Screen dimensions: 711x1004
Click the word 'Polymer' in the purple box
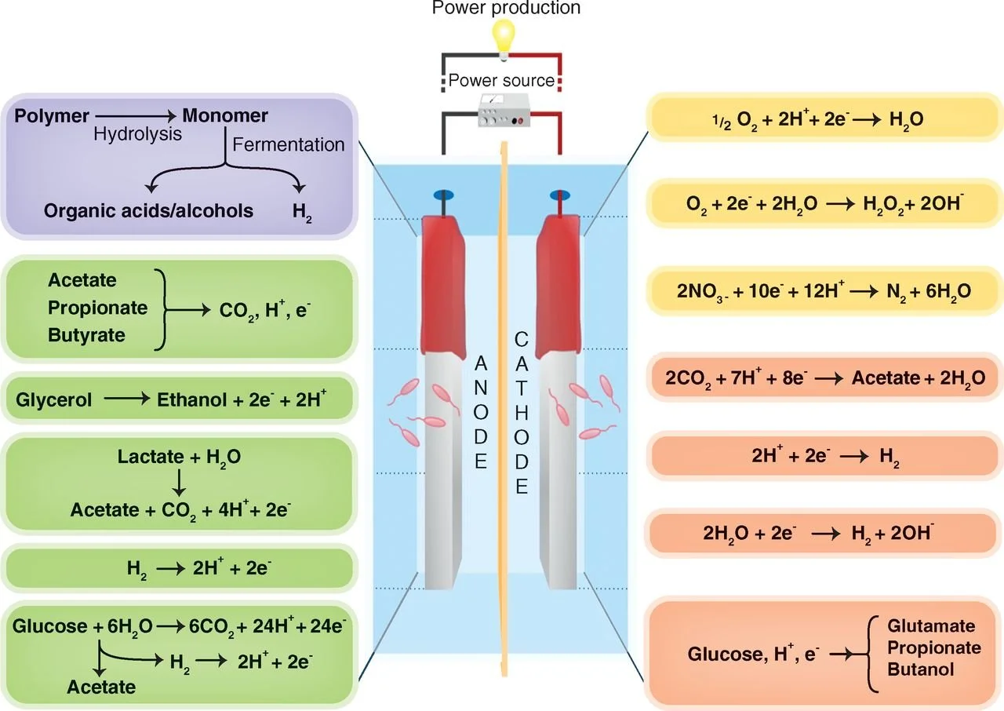pyautogui.click(x=52, y=116)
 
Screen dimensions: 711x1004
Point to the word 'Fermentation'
pyautogui.click(x=288, y=144)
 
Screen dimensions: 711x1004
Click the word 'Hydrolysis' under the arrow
pyautogui.click(x=137, y=134)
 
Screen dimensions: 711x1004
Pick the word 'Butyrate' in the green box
pyautogui.click(x=86, y=335)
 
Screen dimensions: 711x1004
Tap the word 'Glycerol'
pyautogui.click(x=53, y=399)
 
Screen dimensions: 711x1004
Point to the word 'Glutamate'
pyautogui.click(x=931, y=626)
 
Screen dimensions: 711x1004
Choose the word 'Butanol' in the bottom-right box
pyautogui.click(x=921, y=669)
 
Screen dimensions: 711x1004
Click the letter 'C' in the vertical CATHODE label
pyautogui.click(x=521, y=338)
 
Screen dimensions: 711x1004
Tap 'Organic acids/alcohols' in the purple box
pyautogui.click(x=148, y=210)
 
